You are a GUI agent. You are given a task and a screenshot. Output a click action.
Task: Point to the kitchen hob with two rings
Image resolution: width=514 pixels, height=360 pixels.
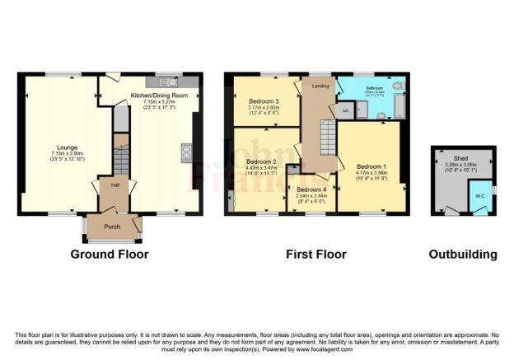[186, 151]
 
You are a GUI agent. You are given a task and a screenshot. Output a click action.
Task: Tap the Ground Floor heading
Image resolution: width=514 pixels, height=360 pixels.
[109, 255]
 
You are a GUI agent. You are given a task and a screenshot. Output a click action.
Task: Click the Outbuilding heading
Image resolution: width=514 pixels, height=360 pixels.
[463, 255]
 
